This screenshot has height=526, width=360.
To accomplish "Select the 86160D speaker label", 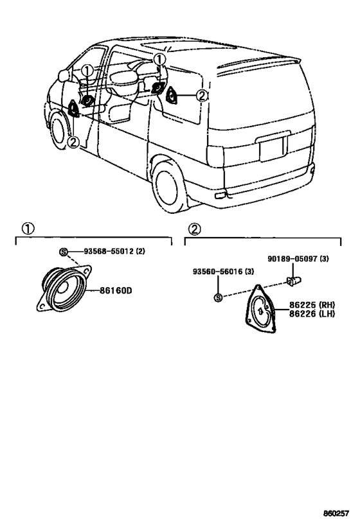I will click(x=115, y=290).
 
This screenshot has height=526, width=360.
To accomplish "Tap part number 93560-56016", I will click(x=219, y=272).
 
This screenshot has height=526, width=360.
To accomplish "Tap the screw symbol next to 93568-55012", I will click(x=64, y=251).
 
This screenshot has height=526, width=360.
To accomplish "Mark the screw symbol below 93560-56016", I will click(x=219, y=297).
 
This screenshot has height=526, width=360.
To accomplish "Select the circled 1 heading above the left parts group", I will click(x=28, y=229).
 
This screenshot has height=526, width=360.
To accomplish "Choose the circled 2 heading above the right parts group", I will click(x=194, y=229).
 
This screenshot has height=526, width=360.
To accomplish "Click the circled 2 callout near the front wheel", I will click(x=73, y=142).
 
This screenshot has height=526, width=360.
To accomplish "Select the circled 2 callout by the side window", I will click(x=201, y=96).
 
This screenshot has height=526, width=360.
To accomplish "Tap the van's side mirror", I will click(x=64, y=75).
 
